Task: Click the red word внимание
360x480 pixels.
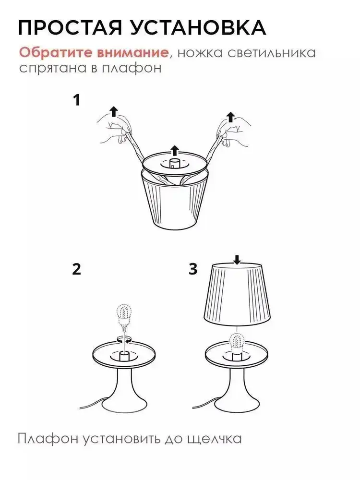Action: pos(132,53)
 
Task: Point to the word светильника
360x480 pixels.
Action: pos(272,53)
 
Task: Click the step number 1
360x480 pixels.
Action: pos(77,100)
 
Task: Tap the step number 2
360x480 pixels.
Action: pos(76,269)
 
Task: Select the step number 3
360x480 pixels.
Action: pos(193,269)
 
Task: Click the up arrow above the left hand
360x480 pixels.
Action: pos(114,111)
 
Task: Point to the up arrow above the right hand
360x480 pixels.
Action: pos(230,117)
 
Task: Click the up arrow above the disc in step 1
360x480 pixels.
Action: pos(175,151)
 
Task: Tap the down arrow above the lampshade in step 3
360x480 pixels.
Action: pos(237,260)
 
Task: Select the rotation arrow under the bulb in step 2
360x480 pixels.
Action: pos(124,339)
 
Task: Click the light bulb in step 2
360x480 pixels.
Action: pos(124,318)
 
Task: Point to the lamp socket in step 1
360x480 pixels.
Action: pos(174,163)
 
